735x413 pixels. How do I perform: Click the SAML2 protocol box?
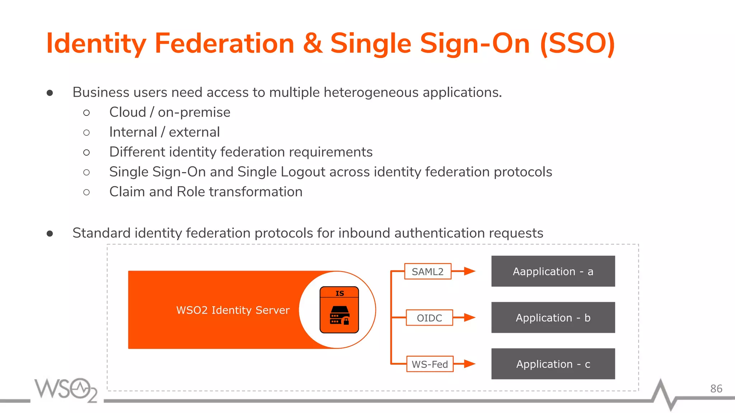pyautogui.click(x=427, y=271)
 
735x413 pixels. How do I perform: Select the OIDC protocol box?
pyautogui.click(x=429, y=318)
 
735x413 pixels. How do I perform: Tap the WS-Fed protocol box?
pyautogui.click(x=430, y=364)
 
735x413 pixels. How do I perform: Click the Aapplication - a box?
pyautogui.click(x=553, y=271)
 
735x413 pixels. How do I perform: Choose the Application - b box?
pyautogui.click(x=553, y=318)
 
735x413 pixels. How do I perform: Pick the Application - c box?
pyautogui.click(x=553, y=364)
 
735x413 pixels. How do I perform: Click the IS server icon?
pyautogui.click(x=339, y=310)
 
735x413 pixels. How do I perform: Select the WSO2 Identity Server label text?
pyautogui.click(x=233, y=310)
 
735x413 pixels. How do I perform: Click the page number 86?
pyautogui.click(x=716, y=389)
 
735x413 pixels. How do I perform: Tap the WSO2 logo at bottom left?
pyautogui.click(x=66, y=390)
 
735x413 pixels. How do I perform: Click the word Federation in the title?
pyautogui.click(x=224, y=43)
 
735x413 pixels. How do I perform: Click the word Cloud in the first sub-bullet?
pyautogui.click(x=127, y=112)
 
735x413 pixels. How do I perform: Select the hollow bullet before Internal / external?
pyautogui.click(x=86, y=133)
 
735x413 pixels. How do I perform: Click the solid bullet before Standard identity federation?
pyautogui.click(x=50, y=234)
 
